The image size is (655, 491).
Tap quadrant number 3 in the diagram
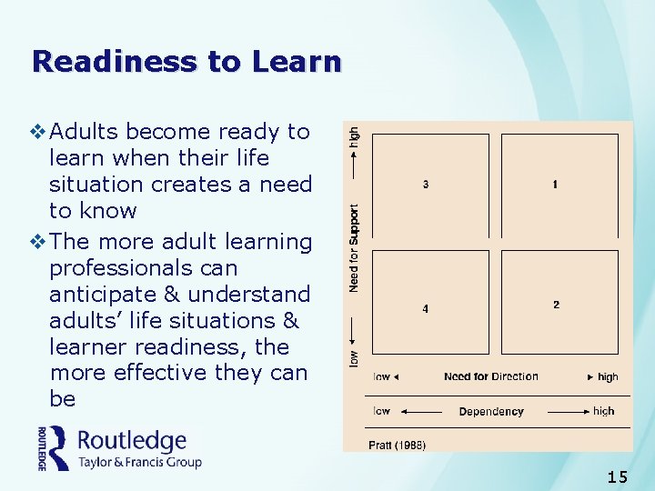coord(426,185)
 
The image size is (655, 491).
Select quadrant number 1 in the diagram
coord(555,185)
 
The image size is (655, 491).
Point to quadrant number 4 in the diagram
coord(426,308)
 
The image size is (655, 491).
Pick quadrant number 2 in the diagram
coord(556,304)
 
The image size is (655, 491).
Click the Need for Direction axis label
coord(491,376)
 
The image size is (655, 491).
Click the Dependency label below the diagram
coord(491,412)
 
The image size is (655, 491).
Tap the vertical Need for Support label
coord(354,247)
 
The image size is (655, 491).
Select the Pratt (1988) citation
coord(397,445)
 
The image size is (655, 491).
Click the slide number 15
coord(617,476)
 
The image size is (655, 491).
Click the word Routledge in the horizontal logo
coord(132,441)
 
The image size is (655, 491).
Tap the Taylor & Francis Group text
coord(139,462)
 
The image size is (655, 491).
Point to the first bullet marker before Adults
coord(37,132)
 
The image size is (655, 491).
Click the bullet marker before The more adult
coord(37,242)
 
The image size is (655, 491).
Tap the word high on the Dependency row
coord(603,412)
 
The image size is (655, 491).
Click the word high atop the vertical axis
coord(354,139)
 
